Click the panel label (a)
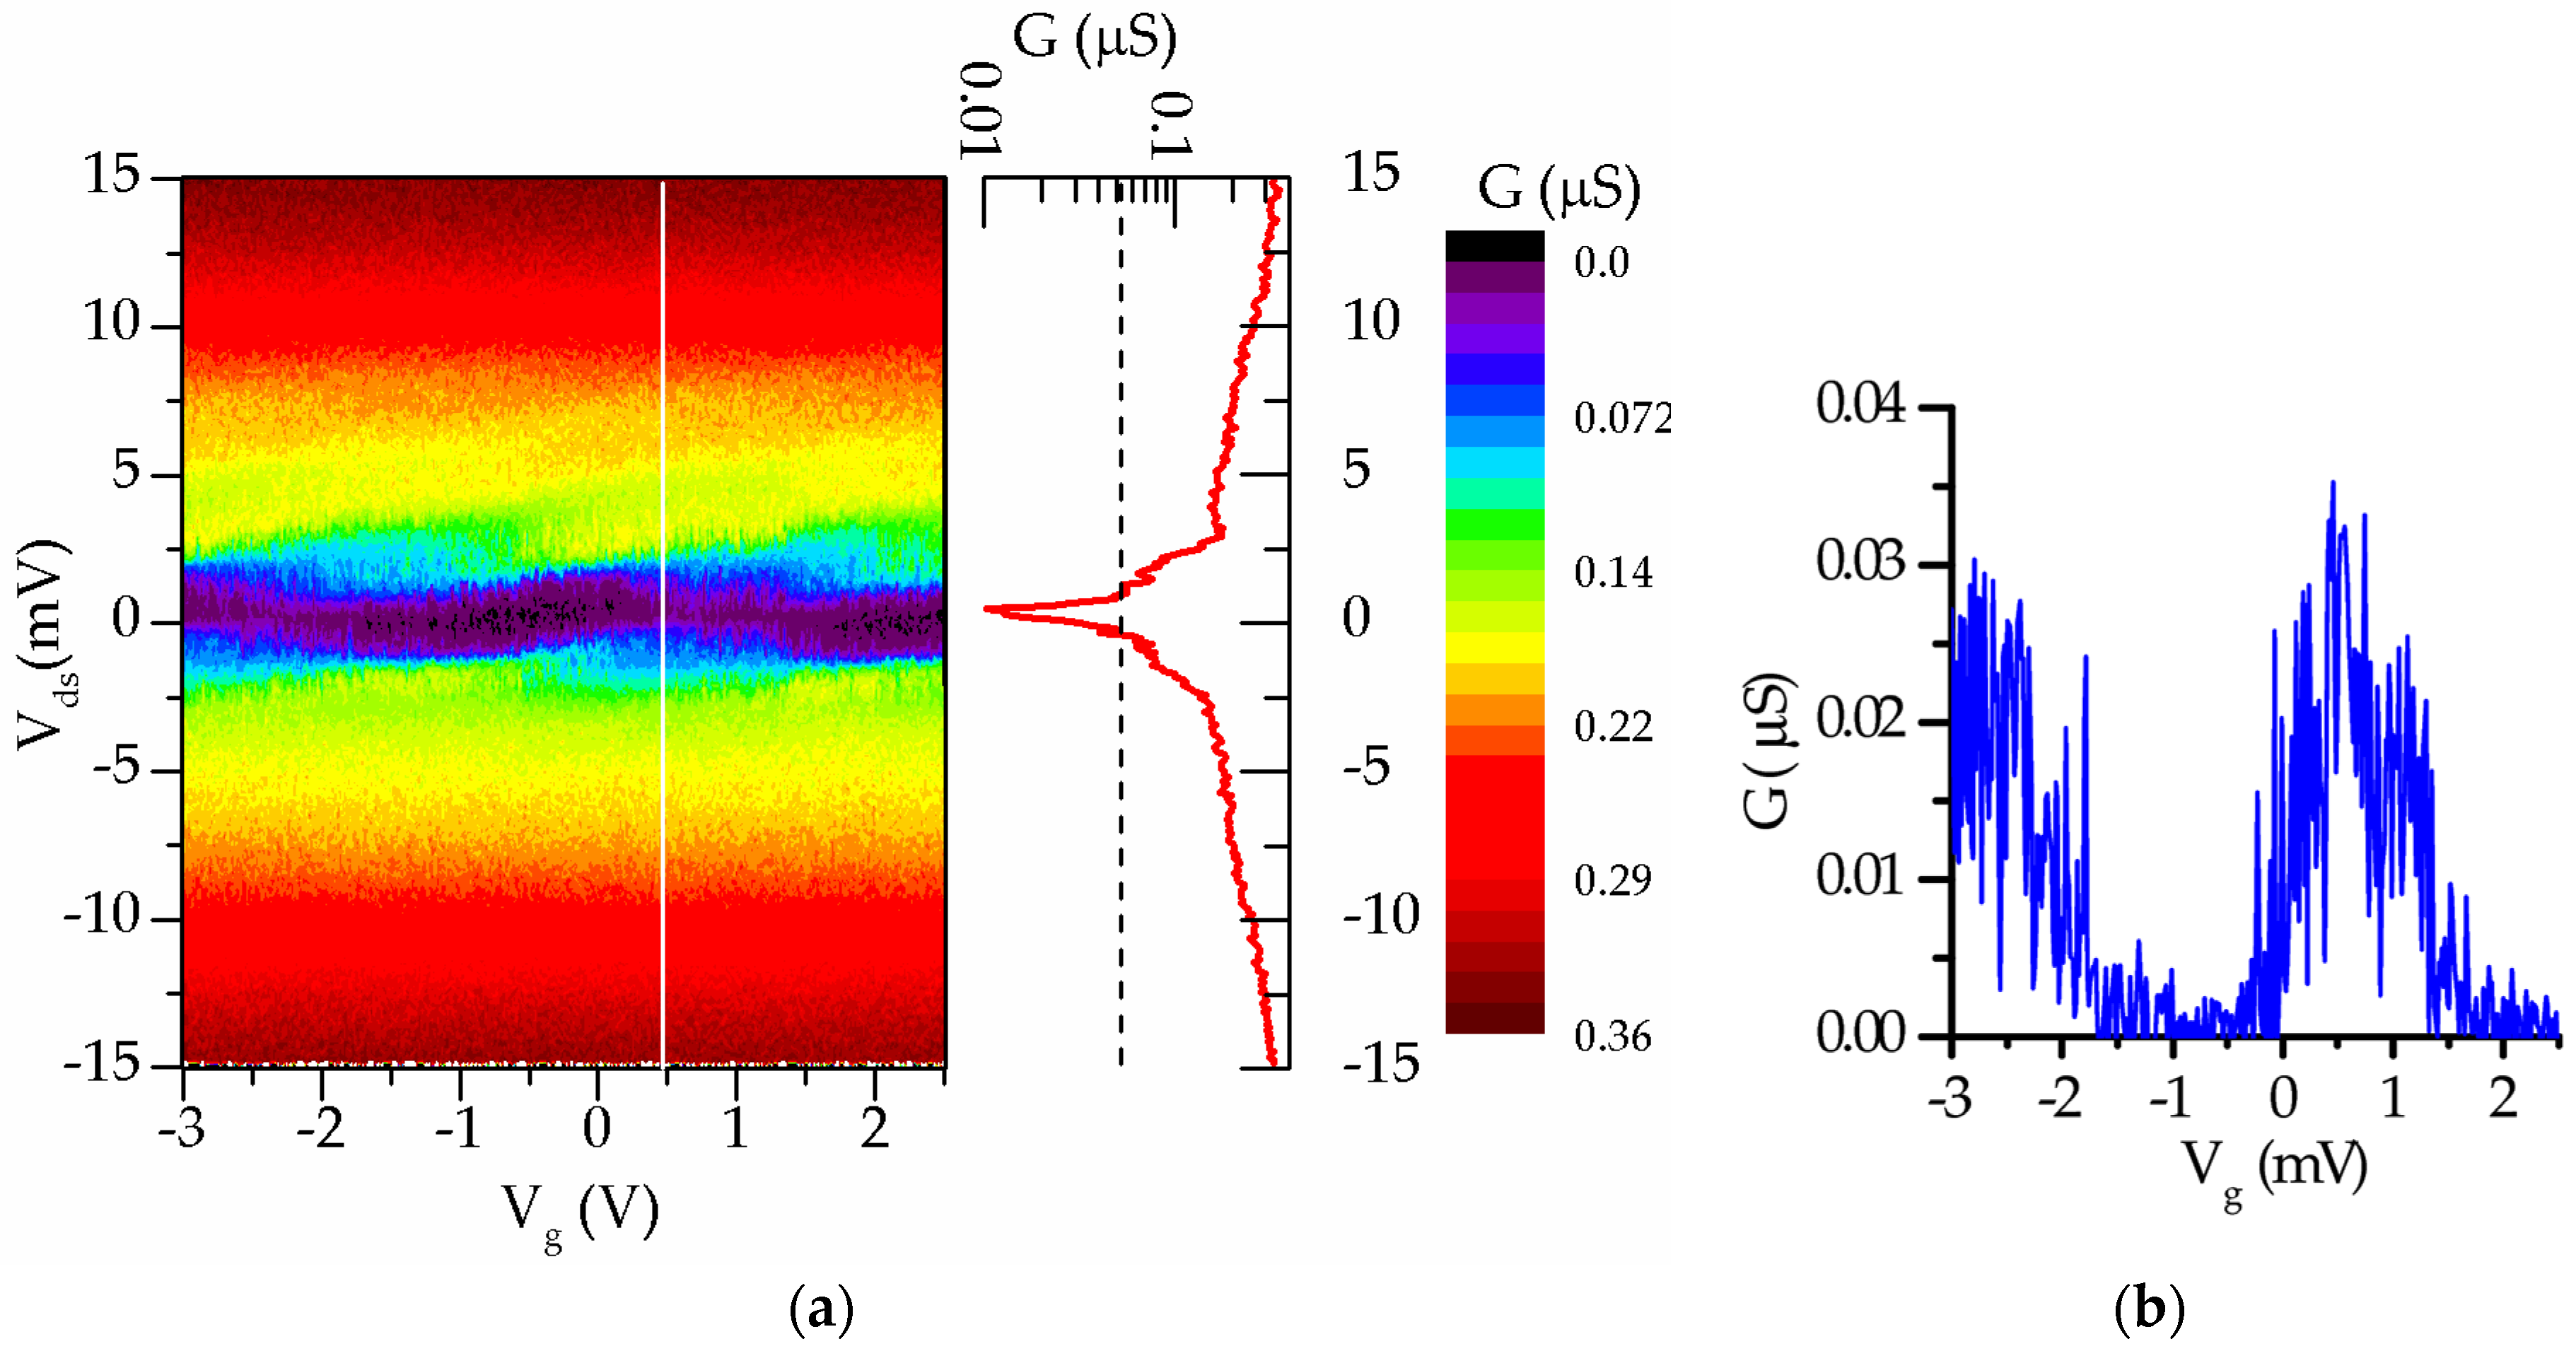821,1307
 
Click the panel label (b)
2149,1307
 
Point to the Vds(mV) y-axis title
45,645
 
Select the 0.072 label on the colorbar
1621,417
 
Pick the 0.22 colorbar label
1612,726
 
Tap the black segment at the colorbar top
1494,246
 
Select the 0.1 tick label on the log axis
1171,125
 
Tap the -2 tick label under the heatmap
320,1129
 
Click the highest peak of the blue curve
2333,483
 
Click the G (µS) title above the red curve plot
1095,38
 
